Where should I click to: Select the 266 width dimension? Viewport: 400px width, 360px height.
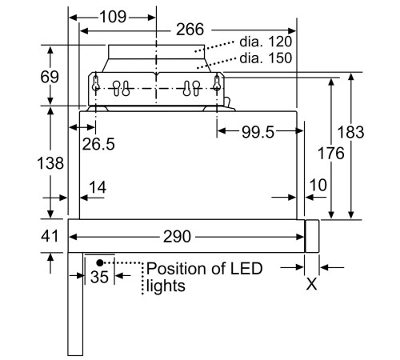pyautogui.click(x=190, y=30)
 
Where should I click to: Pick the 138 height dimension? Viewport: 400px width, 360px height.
pyautogui.click(x=50, y=163)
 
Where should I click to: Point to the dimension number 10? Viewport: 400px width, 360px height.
pyautogui.click(x=317, y=186)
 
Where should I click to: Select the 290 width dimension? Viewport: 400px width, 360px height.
pyautogui.click(x=176, y=237)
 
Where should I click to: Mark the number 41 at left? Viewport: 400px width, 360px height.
pyautogui.click(x=50, y=236)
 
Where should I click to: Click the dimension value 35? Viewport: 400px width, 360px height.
pyautogui.click(x=100, y=277)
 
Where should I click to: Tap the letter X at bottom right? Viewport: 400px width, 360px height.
pyautogui.click(x=312, y=284)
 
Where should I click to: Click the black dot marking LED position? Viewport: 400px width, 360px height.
pyautogui.click(x=100, y=261)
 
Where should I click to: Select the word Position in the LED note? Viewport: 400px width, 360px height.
pyautogui.click(x=173, y=269)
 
